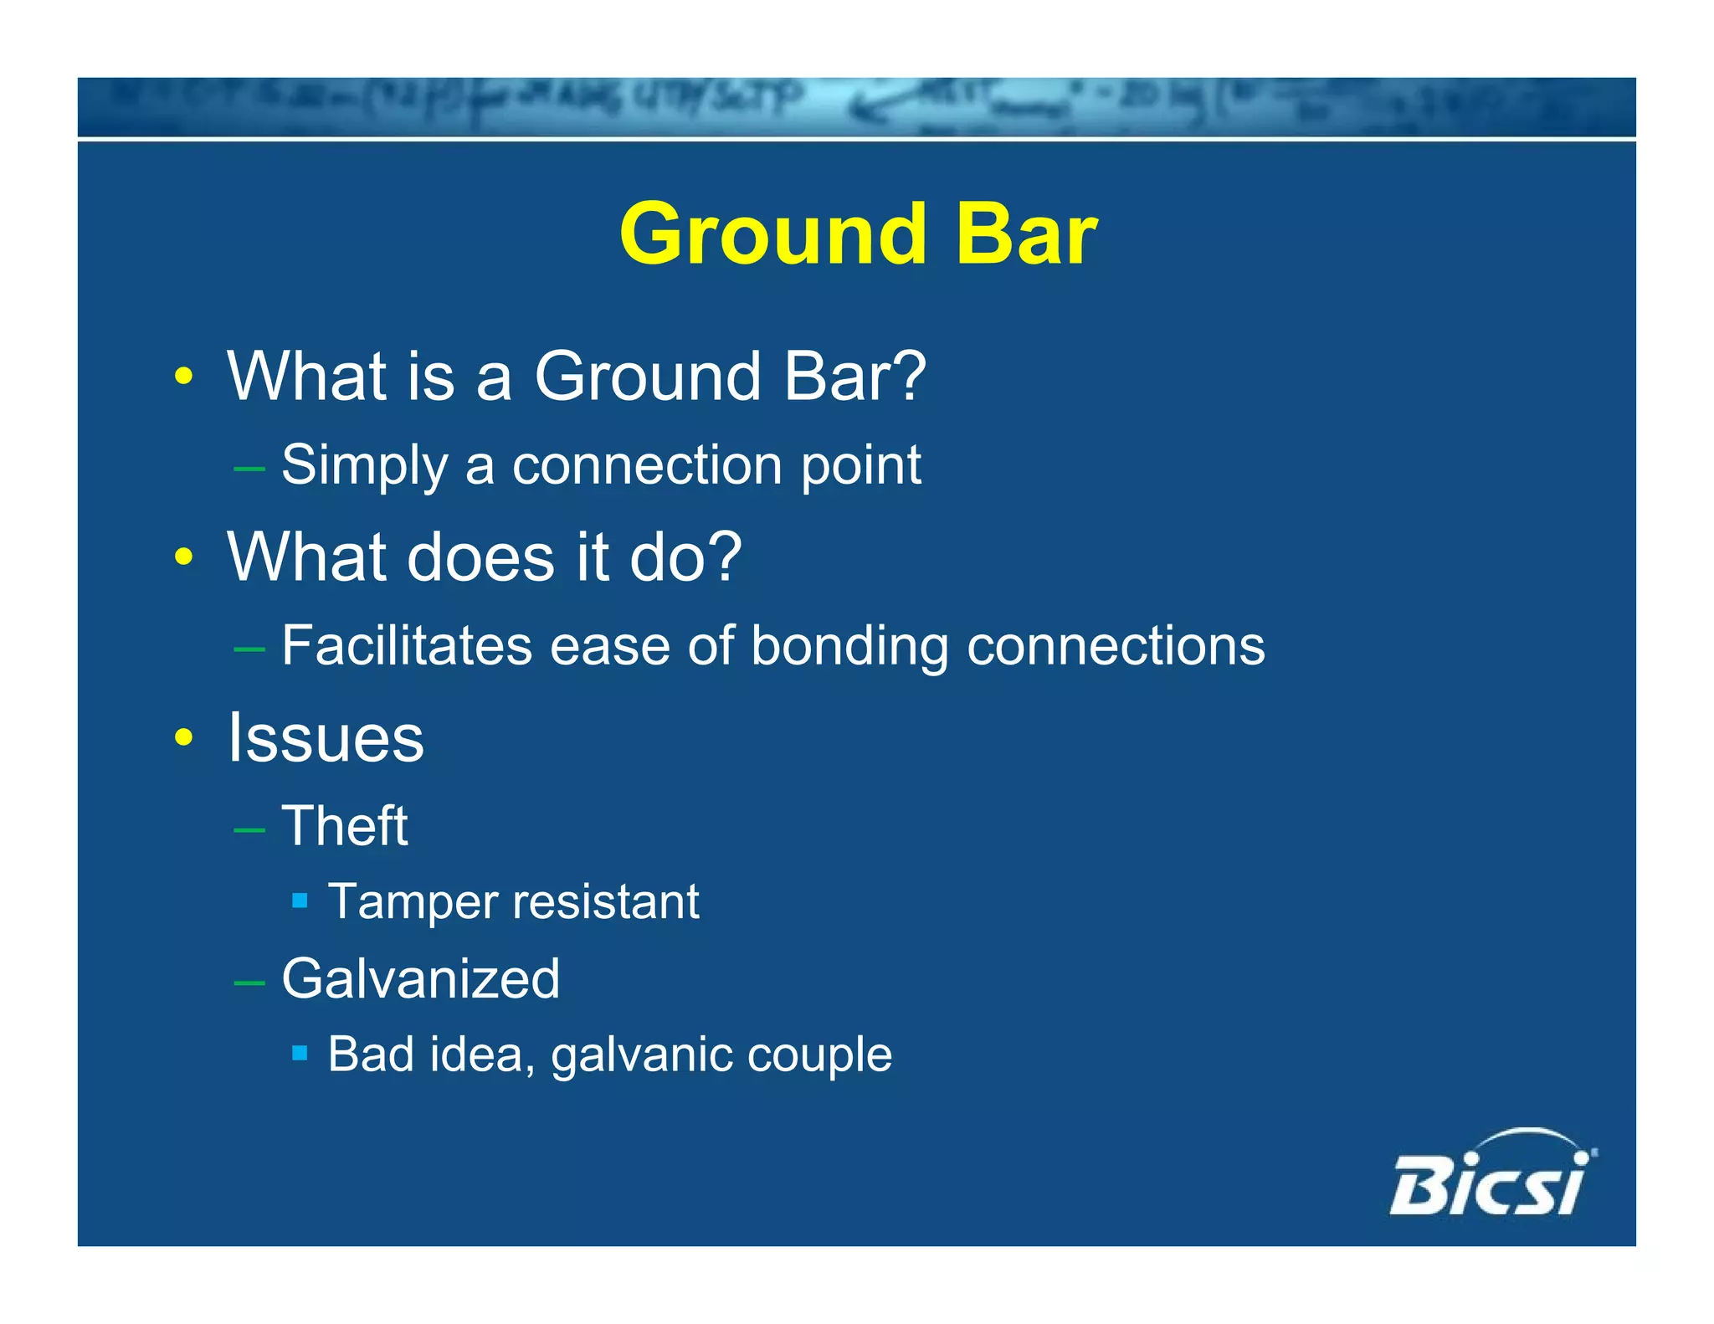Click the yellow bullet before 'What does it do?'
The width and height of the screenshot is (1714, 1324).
pyautogui.click(x=184, y=557)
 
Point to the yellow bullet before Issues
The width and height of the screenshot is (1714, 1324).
pyautogui.click(x=184, y=737)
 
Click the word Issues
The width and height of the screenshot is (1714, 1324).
pyautogui.click(x=326, y=737)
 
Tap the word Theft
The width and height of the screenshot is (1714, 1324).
pyautogui.click(x=345, y=826)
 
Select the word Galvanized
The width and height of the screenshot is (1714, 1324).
pyautogui.click(x=420, y=978)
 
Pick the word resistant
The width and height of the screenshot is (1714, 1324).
pyautogui.click(x=606, y=902)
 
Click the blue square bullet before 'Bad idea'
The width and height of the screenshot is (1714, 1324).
pyautogui.click(x=300, y=1052)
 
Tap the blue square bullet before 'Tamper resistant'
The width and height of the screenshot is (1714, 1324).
pyautogui.click(x=300, y=901)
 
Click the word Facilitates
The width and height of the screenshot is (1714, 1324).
pyautogui.click(x=407, y=645)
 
